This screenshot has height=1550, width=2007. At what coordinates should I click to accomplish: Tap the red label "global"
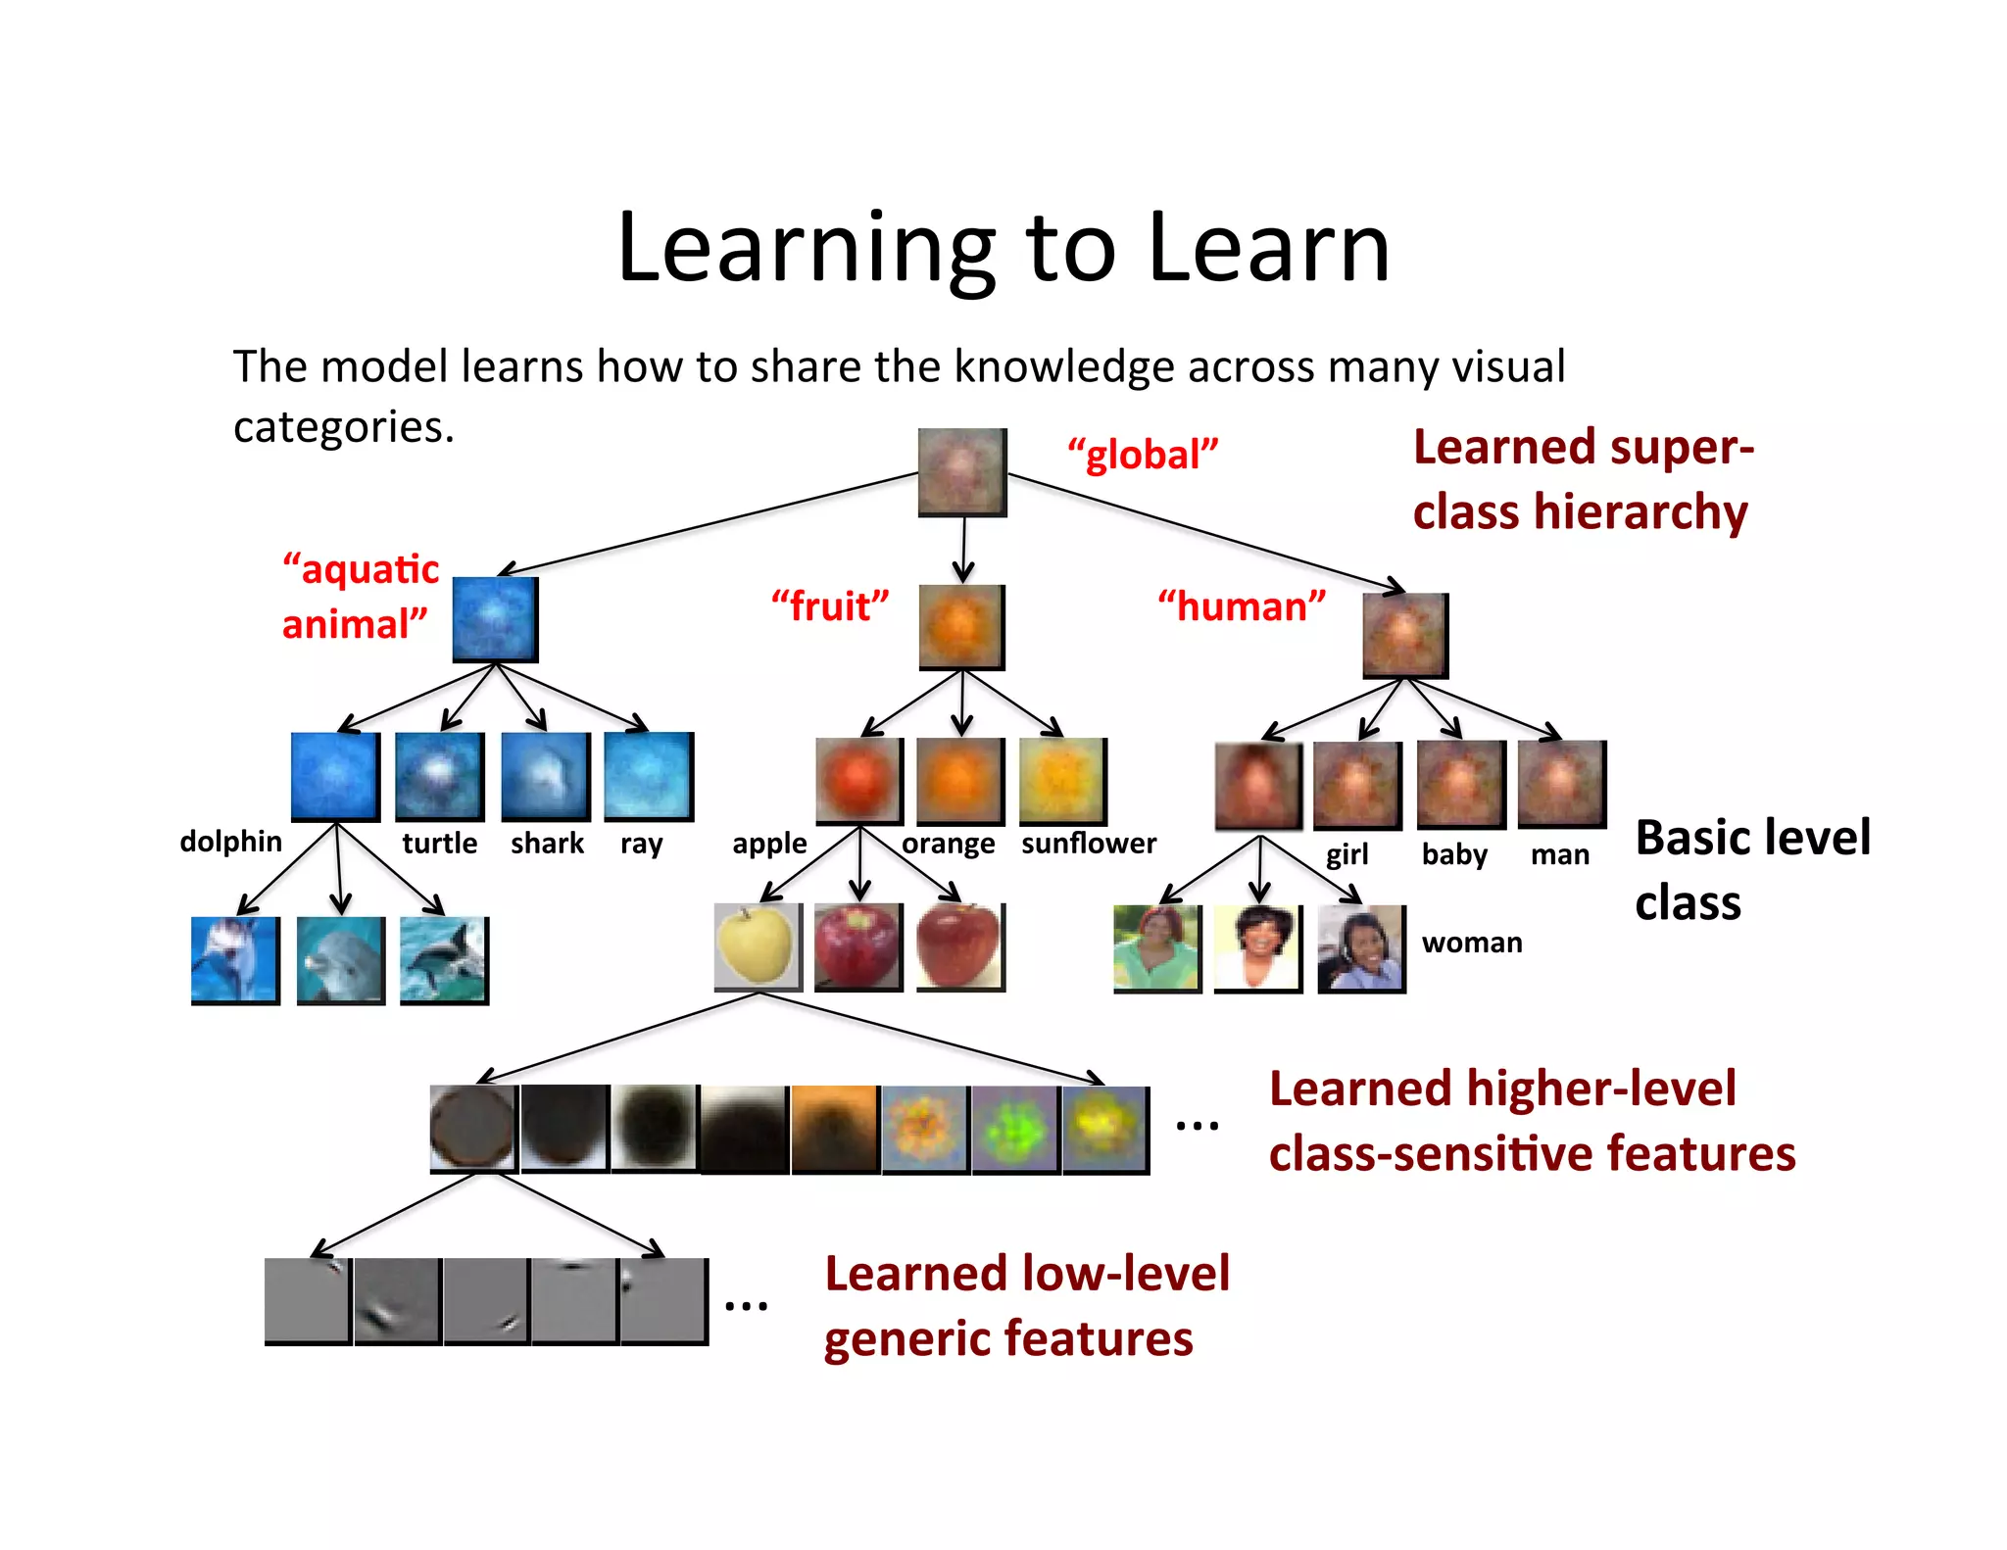1143,455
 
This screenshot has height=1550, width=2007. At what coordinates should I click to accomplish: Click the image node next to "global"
962,472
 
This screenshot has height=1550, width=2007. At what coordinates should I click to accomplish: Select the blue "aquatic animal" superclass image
495,619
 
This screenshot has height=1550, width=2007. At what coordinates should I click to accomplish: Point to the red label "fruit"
829,606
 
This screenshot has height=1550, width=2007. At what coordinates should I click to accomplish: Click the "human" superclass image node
1405,635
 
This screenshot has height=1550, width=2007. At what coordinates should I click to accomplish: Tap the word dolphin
231,842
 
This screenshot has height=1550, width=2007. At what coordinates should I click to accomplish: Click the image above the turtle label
439,776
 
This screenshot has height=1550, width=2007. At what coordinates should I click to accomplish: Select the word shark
547,844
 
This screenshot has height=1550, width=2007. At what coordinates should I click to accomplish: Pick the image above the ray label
649,776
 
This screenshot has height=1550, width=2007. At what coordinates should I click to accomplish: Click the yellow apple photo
758,946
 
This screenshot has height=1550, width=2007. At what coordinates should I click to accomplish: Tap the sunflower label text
1089,844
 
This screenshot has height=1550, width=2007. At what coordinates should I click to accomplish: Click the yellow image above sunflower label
1063,781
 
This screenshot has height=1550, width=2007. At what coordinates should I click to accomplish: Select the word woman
1472,943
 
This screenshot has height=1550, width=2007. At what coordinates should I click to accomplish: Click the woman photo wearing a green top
1157,949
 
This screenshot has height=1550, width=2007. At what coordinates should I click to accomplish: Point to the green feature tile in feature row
1015,1130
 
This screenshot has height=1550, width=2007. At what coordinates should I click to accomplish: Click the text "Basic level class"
1752,869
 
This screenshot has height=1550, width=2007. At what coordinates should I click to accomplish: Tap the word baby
1454,854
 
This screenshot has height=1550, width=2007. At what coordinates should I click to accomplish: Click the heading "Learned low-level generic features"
1026,1306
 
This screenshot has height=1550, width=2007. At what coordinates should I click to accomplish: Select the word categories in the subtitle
343,427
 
